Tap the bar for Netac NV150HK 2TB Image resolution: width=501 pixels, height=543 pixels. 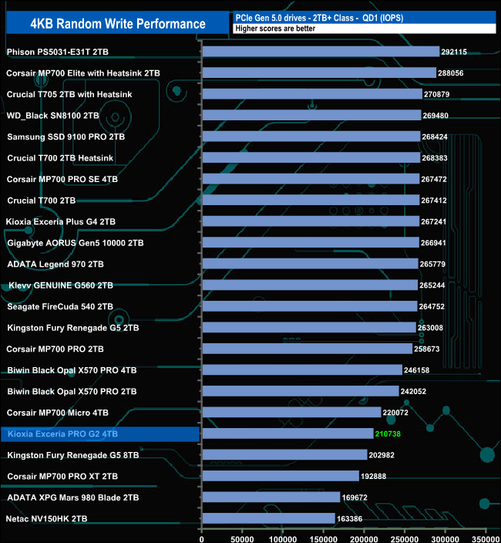[268, 518]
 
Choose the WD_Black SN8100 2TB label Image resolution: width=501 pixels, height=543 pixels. [53, 115]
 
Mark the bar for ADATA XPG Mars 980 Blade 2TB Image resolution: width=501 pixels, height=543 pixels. [271, 497]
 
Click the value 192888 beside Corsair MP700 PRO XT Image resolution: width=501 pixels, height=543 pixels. [378, 476]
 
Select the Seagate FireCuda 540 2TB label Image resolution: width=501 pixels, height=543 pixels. [60, 306]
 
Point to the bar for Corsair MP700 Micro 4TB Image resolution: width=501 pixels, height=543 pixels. [291, 412]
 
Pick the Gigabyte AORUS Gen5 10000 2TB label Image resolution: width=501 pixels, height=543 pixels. [76, 242]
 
